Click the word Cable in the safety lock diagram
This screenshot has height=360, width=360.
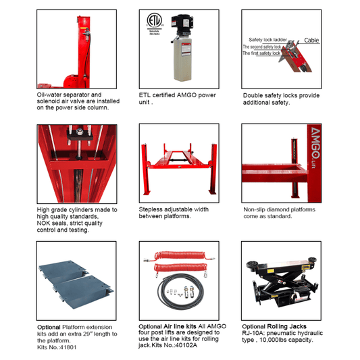[311, 41]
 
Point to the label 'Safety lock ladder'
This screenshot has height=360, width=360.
[268, 40]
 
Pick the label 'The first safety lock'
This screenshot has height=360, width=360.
[262, 53]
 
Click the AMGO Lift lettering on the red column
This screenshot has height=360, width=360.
[313, 146]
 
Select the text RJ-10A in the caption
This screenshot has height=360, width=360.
[255, 333]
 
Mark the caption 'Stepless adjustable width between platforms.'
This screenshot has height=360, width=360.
[174, 213]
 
